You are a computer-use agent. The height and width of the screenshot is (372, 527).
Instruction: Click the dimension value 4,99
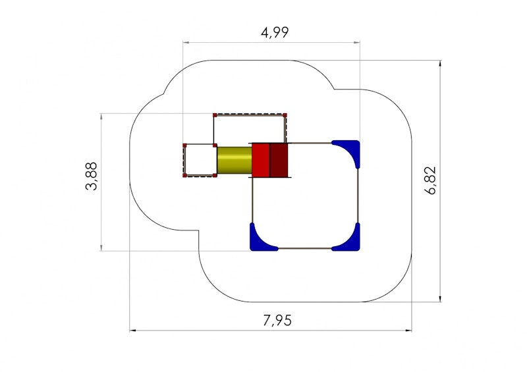click(x=275, y=33)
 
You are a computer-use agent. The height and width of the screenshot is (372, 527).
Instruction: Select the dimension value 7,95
click(x=277, y=321)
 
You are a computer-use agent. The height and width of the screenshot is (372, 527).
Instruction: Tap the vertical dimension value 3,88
click(x=91, y=176)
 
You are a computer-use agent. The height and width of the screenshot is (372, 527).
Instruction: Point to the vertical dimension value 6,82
click(x=430, y=180)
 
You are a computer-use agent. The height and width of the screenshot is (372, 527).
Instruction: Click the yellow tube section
click(x=235, y=160)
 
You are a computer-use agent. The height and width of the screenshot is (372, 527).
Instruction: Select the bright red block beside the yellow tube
click(x=261, y=160)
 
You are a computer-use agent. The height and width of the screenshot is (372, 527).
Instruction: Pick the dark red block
click(x=279, y=160)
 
